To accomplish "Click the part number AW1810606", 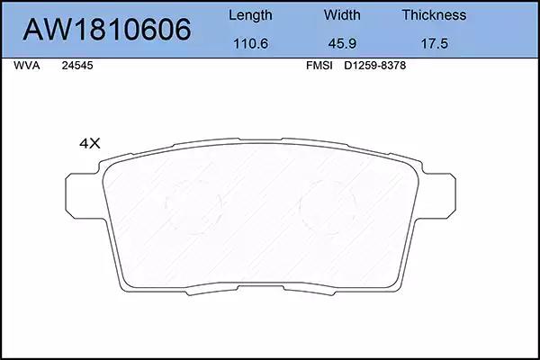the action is pos(107,30).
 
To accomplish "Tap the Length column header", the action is pos(250,15).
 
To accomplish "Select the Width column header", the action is pos(342,15).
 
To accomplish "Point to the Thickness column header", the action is pos(435,15).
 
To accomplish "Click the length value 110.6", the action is pos(251,44).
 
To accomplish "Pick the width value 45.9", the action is pos(342,44).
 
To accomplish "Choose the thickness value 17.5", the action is pos(435,44).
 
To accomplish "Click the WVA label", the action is pos(26,66).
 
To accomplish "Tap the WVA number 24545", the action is pos(77,66).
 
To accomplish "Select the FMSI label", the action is pos(319,66).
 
